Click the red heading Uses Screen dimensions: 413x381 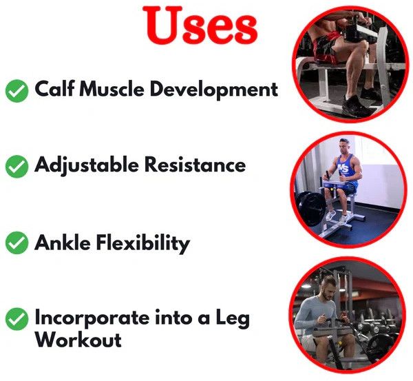[x=200, y=25]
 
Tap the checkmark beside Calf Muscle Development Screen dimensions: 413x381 [x=17, y=91]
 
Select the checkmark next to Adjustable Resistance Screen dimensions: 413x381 [x=17, y=166]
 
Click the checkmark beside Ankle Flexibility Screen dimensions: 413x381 [x=17, y=243]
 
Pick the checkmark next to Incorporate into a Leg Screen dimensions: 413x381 [x=17, y=319]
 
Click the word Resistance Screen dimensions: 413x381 [x=195, y=165]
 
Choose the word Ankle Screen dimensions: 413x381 [x=63, y=243]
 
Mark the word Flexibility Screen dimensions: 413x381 [x=143, y=244]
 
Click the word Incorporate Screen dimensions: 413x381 [x=92, y=318]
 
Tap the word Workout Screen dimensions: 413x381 [x=78, y=340]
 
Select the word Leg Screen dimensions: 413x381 [x=233, y=318]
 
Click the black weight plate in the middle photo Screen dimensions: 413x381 [x=311, y=208]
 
